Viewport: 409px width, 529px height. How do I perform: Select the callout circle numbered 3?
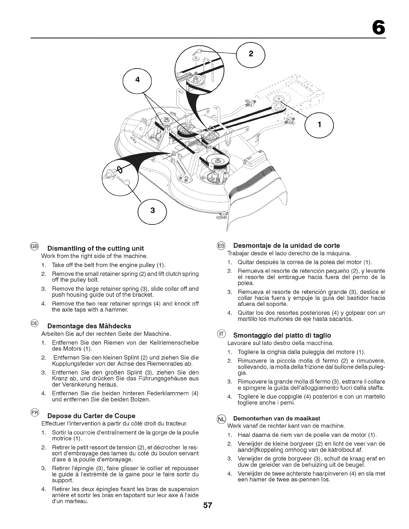pyautogui.click(x=153, y=210)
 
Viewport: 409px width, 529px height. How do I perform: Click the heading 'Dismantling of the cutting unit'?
pyautogui.click(x=96, y=248)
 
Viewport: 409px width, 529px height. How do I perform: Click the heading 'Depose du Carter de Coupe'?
pyautogui.click(x=92, y=416)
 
